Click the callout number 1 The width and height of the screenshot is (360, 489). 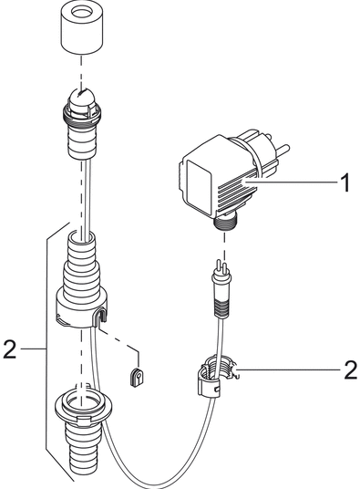pyautogui.click(x=345, y=182)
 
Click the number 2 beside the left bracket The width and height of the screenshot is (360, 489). pyautogui.click(x=9, y=349)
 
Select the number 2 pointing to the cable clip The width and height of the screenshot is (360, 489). pyautogui.click(x=351, y=370)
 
